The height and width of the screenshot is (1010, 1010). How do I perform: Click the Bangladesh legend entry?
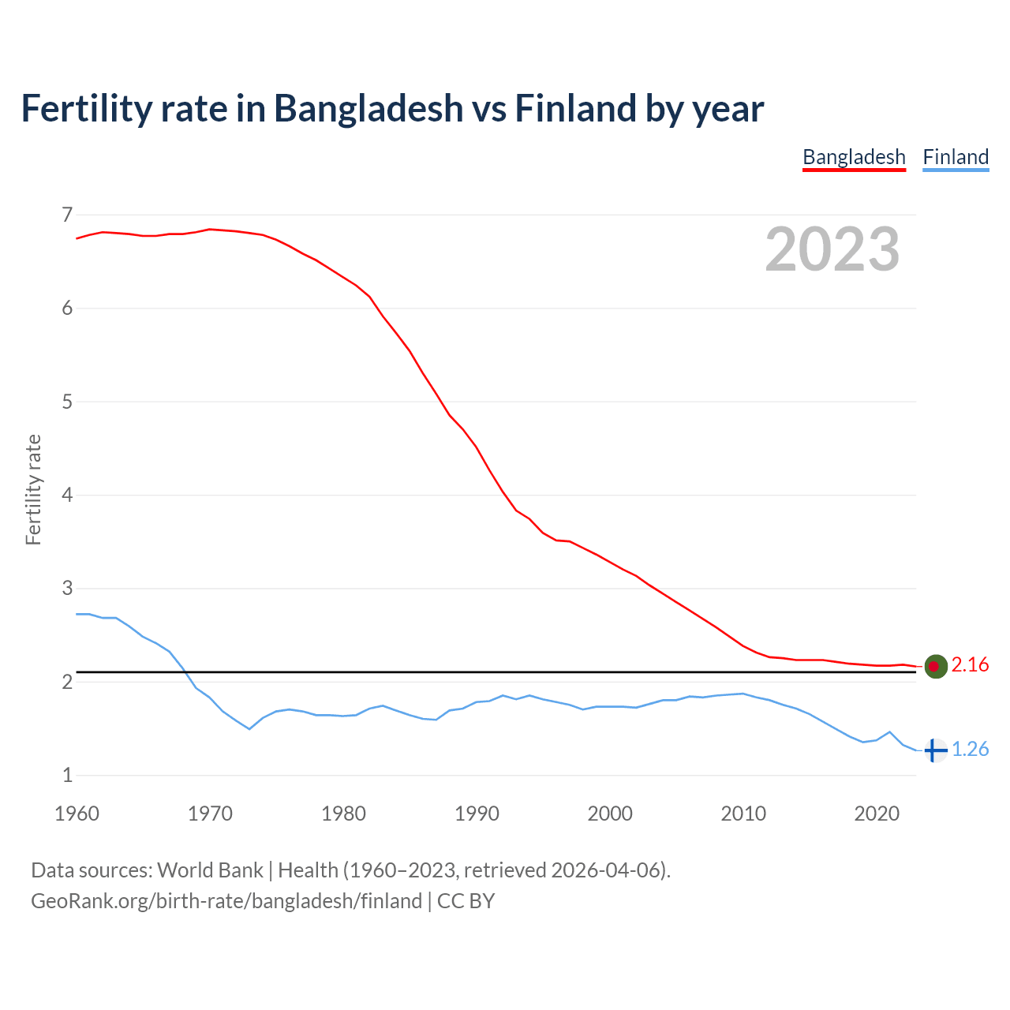pos(854,157)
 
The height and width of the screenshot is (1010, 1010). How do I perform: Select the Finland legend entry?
pos(956,157)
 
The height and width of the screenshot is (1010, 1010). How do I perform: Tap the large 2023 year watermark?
pos(832,249)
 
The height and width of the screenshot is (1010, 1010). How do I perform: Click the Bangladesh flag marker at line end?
pos(935,666)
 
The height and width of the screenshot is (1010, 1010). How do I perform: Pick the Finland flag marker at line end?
pos(935,750)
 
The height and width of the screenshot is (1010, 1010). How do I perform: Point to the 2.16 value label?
pos(970,665)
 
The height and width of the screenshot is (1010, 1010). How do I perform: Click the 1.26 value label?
pos(970,750)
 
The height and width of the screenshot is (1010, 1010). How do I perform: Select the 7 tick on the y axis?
pos(66,215)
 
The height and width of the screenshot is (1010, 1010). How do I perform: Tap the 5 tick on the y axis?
pos(66,402)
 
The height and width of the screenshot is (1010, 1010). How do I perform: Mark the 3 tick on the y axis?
pos(66,589)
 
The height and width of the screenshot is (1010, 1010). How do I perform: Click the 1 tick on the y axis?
pos(66,776)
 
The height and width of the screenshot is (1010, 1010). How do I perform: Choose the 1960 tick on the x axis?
pos(77,814)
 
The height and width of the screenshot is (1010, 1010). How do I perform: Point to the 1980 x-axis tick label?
pos(343,814)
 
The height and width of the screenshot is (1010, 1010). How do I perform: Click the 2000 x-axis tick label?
pos(610,814)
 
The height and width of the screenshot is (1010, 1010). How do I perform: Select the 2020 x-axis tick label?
pos(877,814)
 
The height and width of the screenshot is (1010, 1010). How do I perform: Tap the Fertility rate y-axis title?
pos(33,489)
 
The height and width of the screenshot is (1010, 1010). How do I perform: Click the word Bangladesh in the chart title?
pos(368,109)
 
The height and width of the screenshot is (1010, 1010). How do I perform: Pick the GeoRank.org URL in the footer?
pos(226,901)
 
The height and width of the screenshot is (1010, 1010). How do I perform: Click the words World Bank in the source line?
pos(210,870)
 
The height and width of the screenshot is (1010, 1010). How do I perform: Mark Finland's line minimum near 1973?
pos(249,728)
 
